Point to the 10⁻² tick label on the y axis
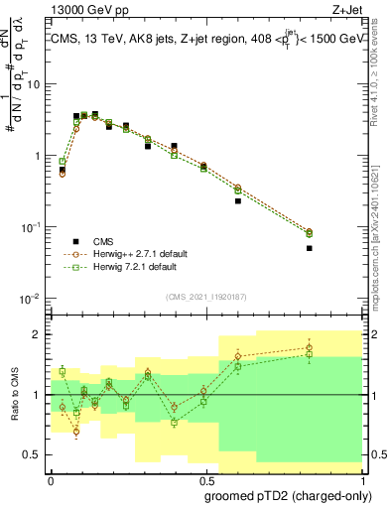(x=31, y=299)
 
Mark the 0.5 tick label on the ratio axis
(x=34, y=454)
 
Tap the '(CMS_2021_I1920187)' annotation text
(x=204, y=296)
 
